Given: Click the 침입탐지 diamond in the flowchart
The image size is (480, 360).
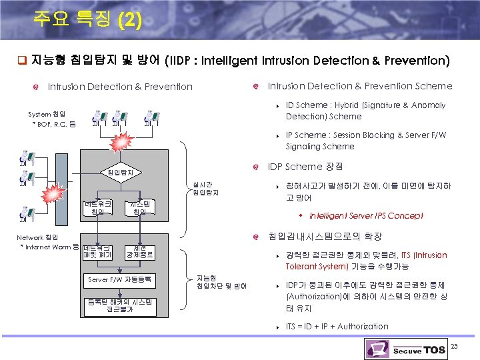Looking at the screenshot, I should coord(120,173).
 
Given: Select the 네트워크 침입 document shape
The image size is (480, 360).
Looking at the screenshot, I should coord(97,207).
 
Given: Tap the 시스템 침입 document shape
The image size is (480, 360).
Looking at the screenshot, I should coord(140,207).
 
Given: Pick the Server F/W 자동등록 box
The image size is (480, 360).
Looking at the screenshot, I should coord(120,279).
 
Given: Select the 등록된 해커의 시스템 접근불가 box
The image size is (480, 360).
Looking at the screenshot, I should coord(120,306).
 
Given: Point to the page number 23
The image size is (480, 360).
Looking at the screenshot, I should coord(455,346).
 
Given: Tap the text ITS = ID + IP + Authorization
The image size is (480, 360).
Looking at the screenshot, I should coord(337,326).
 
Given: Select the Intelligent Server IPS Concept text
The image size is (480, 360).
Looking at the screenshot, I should coord(366,215).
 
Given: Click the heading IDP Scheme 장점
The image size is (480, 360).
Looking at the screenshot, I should coord(305,167).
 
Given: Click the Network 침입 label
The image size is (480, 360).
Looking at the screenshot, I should coord(37,237).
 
